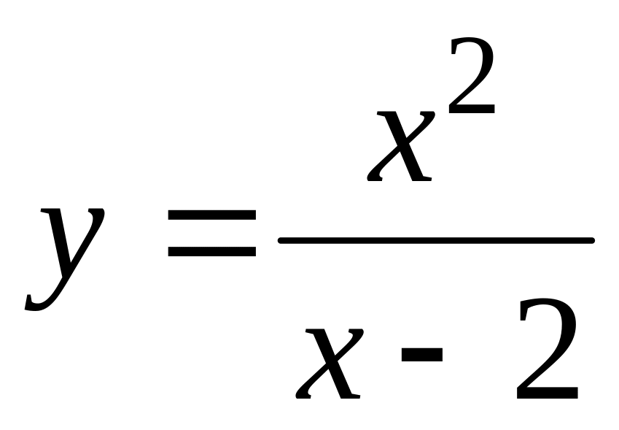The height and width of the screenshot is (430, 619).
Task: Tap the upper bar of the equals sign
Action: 211,216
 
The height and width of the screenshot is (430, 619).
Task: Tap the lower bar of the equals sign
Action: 211,253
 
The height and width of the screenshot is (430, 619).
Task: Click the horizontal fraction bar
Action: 436,239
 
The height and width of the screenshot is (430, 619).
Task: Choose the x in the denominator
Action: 329,363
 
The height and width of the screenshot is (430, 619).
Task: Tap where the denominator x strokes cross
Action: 330,363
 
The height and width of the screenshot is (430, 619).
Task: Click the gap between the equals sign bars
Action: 211,234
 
